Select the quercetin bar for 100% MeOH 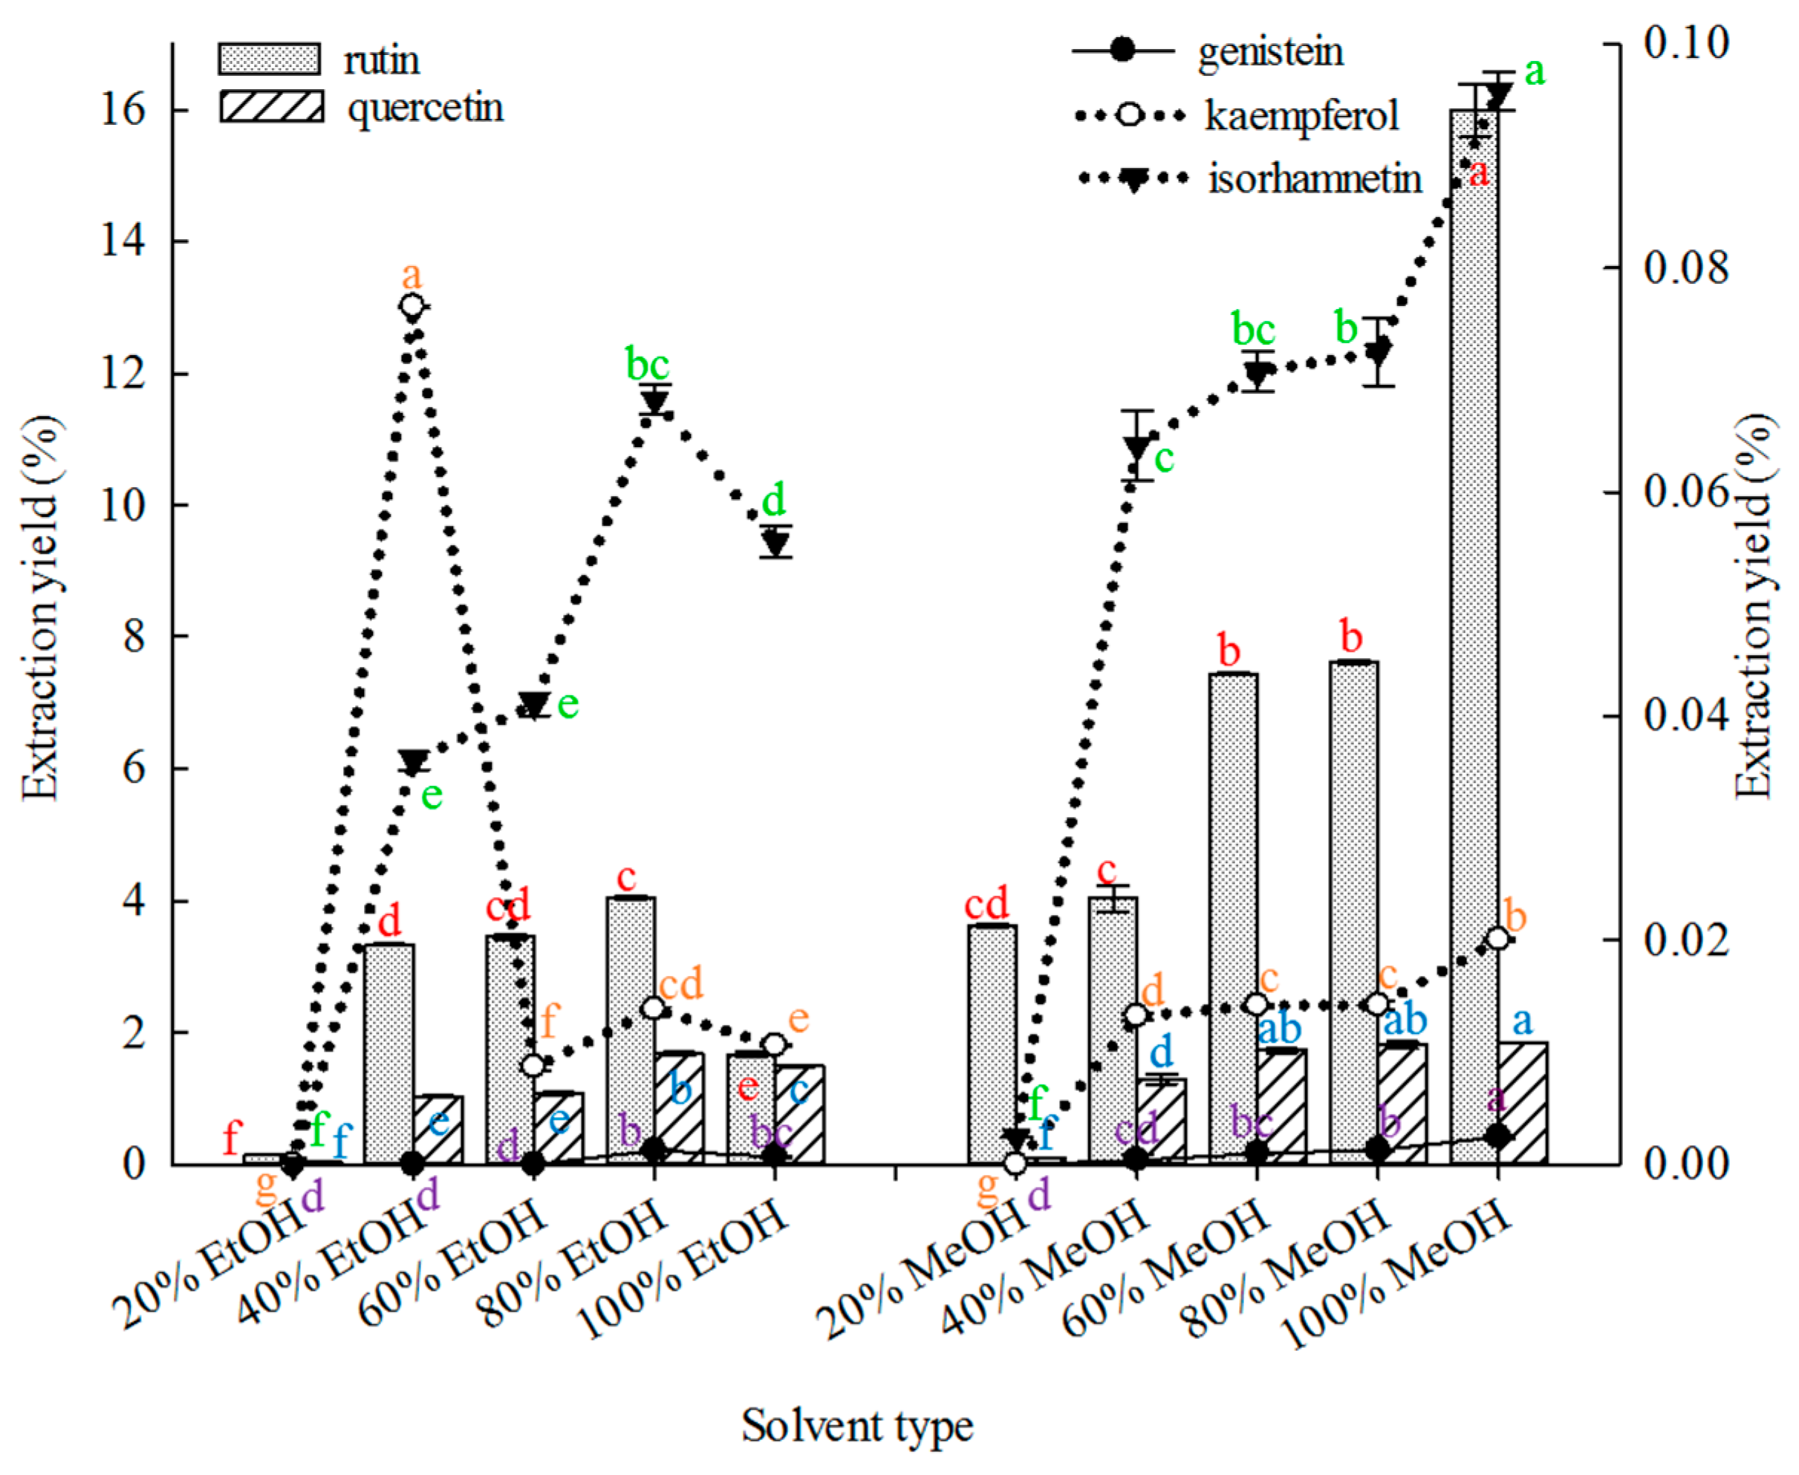pos(1523,1104)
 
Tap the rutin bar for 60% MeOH pos(1233,918)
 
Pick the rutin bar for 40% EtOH pos(388,1054)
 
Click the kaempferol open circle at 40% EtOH pos(411,306)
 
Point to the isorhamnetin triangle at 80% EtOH pos(654,402)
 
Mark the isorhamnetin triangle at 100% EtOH pos(774,541)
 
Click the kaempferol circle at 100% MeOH pos(1498,938)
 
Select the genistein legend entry pos(1270,52)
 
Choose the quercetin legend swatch pos(271,107)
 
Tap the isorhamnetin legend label pos(1315,179)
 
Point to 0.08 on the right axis pos(1686,267)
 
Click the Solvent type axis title pos(856,1426)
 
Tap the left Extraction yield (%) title pos(41,608)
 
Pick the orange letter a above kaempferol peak pos(411,276)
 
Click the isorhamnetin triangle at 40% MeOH pos(1137,446)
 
